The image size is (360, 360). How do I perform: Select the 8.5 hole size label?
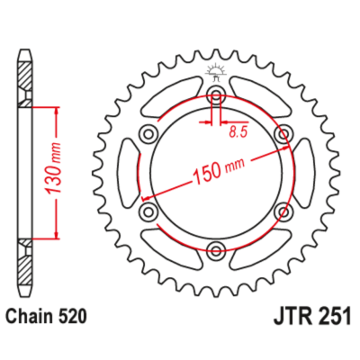coord(238,132)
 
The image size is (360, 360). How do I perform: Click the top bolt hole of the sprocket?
coord(216,93)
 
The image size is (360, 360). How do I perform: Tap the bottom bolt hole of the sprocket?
coord(216,248)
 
